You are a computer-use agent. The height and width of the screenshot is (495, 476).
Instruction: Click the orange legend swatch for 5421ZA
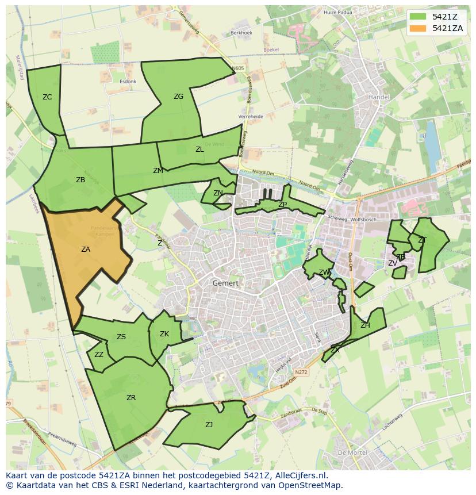coord(419,28)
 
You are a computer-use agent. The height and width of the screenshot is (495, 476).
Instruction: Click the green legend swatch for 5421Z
coord(419,17)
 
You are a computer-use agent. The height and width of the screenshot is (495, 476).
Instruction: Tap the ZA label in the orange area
coord(86,250)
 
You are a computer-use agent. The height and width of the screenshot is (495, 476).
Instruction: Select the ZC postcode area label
coord(47,97)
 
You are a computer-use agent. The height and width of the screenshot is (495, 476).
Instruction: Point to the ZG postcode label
coord(178,97)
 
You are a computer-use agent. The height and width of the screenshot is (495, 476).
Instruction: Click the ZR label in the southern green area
coord(131,397)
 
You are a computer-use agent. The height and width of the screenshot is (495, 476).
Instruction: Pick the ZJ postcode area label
coord(209,425)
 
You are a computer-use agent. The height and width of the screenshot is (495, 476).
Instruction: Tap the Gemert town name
coord(225,283)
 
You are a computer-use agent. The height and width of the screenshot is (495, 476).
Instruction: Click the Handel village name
coord(379,97)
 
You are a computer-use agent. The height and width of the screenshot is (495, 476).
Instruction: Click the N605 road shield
coord(238,68)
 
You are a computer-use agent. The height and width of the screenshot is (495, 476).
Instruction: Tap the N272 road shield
coord(301,373)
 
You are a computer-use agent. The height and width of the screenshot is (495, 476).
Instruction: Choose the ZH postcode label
coord(365,325)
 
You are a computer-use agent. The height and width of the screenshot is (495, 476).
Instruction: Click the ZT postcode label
coord(422,240)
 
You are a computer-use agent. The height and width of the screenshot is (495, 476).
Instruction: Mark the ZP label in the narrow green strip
coord(282,205)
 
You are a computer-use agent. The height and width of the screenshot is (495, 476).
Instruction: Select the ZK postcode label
coord(164,334)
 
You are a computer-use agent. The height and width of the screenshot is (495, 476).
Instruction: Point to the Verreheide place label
coord(251,117)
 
